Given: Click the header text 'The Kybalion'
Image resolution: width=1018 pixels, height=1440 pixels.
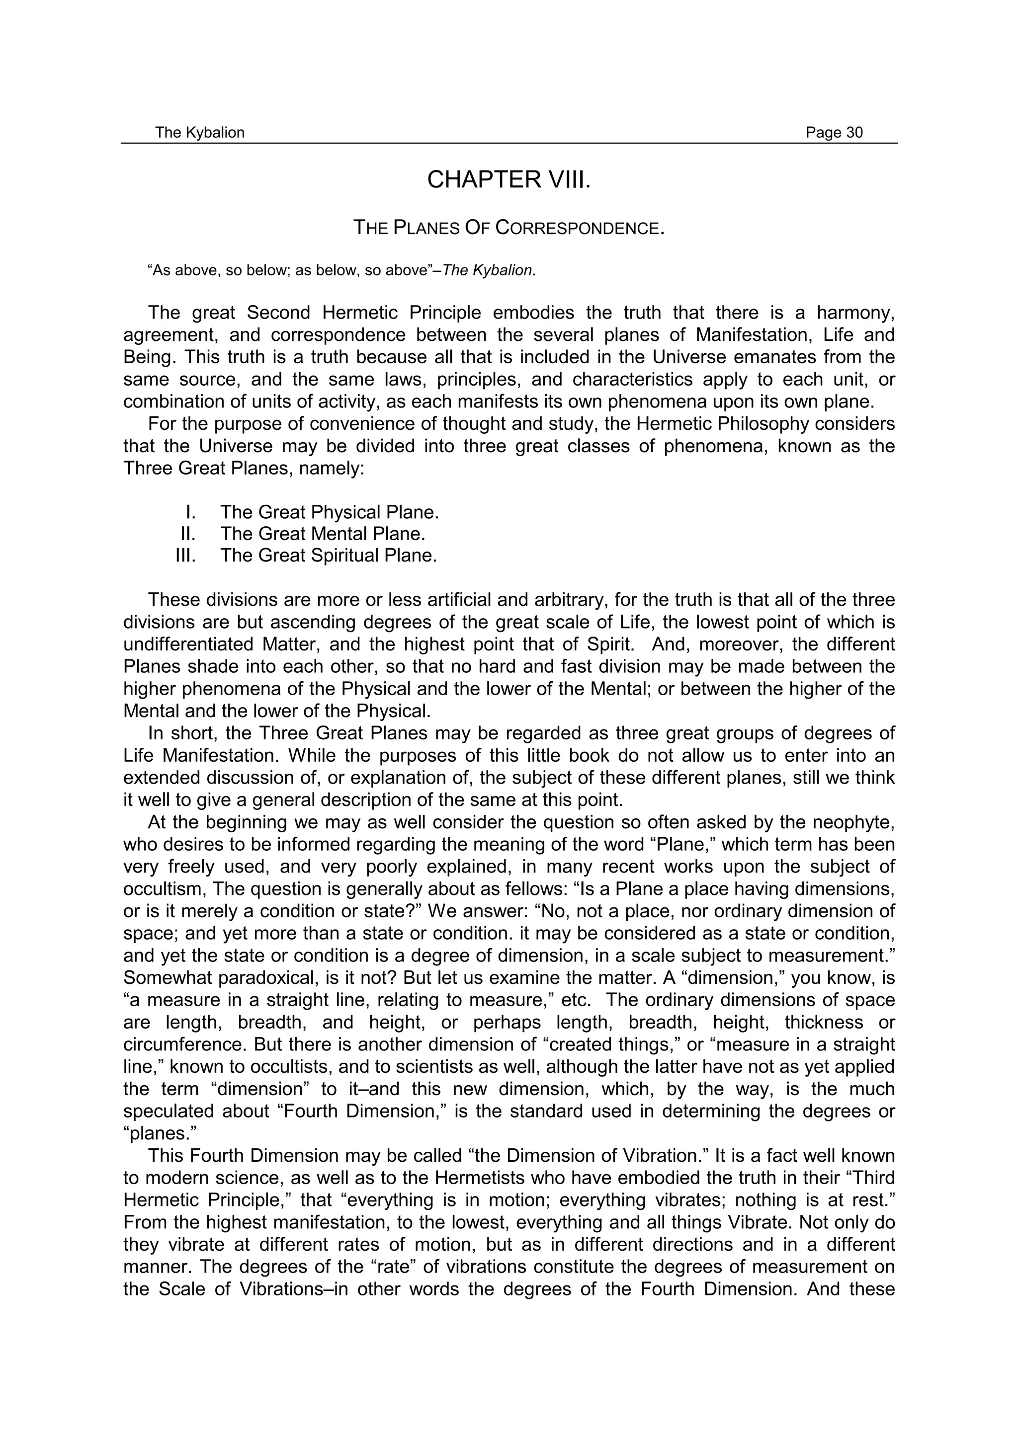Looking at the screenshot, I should (x=199, y=132).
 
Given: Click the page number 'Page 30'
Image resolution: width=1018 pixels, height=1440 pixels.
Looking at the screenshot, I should (x=834, y=132).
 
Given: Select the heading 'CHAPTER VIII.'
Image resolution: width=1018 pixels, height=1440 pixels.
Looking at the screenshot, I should (x=509, y=180).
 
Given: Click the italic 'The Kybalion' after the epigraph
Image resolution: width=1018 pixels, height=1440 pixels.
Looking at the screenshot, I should (x=487, y=271).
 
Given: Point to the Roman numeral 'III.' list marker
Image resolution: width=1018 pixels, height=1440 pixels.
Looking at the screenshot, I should (x=186, y=555).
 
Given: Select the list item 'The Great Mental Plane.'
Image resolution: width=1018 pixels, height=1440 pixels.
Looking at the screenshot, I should (x=323, y=534).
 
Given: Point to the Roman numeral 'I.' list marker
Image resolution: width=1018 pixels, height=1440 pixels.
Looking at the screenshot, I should (x=191, y=512).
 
